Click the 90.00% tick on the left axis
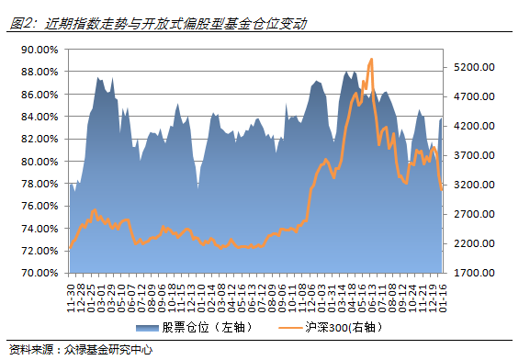39,50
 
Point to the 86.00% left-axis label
39,95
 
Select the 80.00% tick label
39,162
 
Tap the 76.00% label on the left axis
39,206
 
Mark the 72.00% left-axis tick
39,251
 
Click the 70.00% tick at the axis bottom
39,273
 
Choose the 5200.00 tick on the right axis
475,67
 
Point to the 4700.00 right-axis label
475,96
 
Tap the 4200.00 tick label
475,126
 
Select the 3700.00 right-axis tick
475,155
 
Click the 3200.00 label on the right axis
475,185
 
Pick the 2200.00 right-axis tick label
475,243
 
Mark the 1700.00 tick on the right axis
475,273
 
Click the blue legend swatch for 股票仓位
147,328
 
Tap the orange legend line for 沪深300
293,328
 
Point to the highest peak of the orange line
371,60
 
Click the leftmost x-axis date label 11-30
71,296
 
